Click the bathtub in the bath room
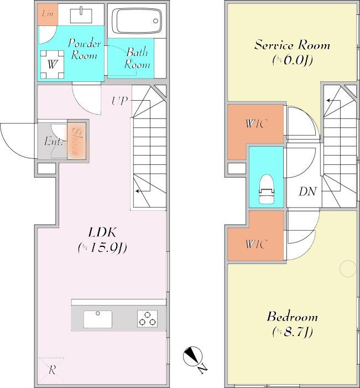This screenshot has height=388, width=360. point(137,21)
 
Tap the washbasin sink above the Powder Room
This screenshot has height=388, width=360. point(81,15)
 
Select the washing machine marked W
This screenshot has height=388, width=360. point(52,64)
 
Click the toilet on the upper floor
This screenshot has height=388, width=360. point(267,189)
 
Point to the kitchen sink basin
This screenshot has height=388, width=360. point(98,319)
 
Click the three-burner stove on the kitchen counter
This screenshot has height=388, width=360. point(147,318)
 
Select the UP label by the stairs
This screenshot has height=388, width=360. point(119,101)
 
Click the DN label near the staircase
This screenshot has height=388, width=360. point(307,192)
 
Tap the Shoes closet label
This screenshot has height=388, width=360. point(76,142)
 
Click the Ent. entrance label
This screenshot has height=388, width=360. point(53,142)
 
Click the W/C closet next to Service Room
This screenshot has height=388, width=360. point(255,124)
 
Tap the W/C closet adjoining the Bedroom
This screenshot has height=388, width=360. point(256,244)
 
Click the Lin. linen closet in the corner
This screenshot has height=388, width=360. point(48,14)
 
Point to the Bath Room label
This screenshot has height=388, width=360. point(138,59)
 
